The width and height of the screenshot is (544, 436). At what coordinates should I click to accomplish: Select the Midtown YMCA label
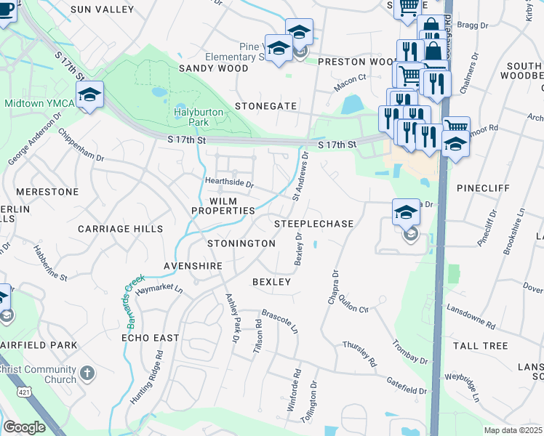pos(39,103)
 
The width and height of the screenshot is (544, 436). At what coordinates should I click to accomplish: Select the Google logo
pos(24,427)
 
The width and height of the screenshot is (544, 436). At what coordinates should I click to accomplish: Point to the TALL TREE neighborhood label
pos(480,346)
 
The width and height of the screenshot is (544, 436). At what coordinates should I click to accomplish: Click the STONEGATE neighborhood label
pos(265,106)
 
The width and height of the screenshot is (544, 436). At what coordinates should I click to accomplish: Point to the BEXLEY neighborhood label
pos(271,281)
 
